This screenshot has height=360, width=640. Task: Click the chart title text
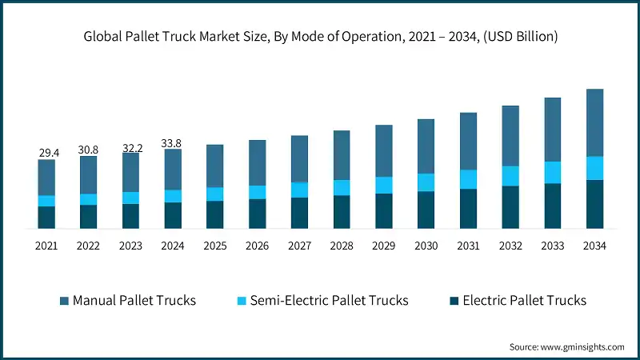[x=320, y=37]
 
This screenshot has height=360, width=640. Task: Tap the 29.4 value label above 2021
[x=46, y=153]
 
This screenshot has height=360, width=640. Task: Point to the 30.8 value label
[x=89, y=150]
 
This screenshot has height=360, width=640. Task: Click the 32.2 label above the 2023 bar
[x=131, y=148]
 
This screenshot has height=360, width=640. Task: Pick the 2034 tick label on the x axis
[x=595, y=246]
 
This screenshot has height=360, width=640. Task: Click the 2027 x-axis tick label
[x=299, y=246]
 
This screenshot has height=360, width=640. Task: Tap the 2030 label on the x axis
[x=426, y=246]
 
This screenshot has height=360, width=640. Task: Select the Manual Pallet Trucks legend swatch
[x=64, y=301]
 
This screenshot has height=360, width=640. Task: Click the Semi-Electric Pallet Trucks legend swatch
[x=241, y=301]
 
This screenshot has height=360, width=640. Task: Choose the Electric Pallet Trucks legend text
[x=524, y=301]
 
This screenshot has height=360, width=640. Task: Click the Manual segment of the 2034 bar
[x=595, y=122]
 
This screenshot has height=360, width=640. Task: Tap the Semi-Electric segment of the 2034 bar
[x=595, y=168]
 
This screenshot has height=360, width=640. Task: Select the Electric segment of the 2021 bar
[x=46, y=218]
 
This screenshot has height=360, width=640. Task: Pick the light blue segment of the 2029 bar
[x=384, y=185]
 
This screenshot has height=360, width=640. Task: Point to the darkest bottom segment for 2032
[x=510, y=207]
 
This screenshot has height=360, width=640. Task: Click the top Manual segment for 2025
[x=215, y=166]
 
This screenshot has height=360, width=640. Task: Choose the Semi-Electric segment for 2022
[x=89, y=199]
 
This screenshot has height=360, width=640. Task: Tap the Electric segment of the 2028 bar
[x=342, y=212]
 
